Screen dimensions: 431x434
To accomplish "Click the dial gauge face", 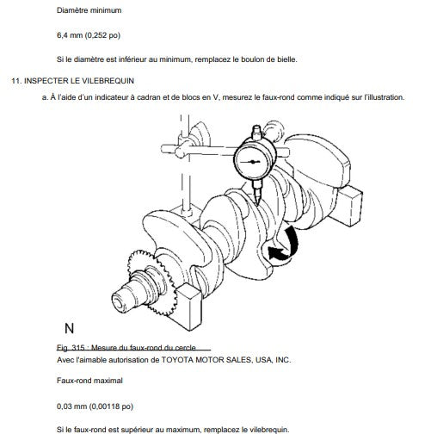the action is click(252, 162).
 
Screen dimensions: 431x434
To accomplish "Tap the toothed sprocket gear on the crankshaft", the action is click(150, 282).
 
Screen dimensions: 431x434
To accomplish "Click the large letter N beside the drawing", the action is click(70, 328).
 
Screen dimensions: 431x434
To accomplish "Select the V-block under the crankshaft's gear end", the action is click(188, 307).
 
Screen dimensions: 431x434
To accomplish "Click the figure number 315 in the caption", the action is click(78, 348).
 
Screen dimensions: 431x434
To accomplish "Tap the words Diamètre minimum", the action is click(89, 10).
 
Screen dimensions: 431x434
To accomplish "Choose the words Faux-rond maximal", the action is click(89, 381).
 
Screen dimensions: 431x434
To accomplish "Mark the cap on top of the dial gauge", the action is click(256, 132).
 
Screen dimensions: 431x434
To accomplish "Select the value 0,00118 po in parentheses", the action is click(111, 406).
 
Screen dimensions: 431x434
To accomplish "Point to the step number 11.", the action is click(16, 81).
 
